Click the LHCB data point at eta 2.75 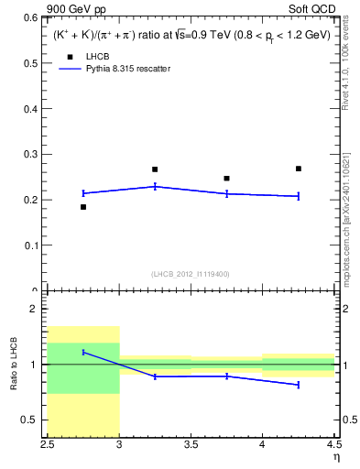pos(83,207)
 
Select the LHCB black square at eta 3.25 pos(155,169)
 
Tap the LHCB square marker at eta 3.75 pos(226,179)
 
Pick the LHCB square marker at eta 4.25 pos(299,169)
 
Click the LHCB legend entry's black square pos(69,57)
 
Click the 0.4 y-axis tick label pos(34,109)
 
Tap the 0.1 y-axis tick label pos(34,245)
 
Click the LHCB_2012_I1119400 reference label pos(191,274)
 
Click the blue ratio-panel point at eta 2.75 pos(83,352)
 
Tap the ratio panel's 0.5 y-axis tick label pos(33,420)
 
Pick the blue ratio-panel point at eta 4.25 pos(299,385)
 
